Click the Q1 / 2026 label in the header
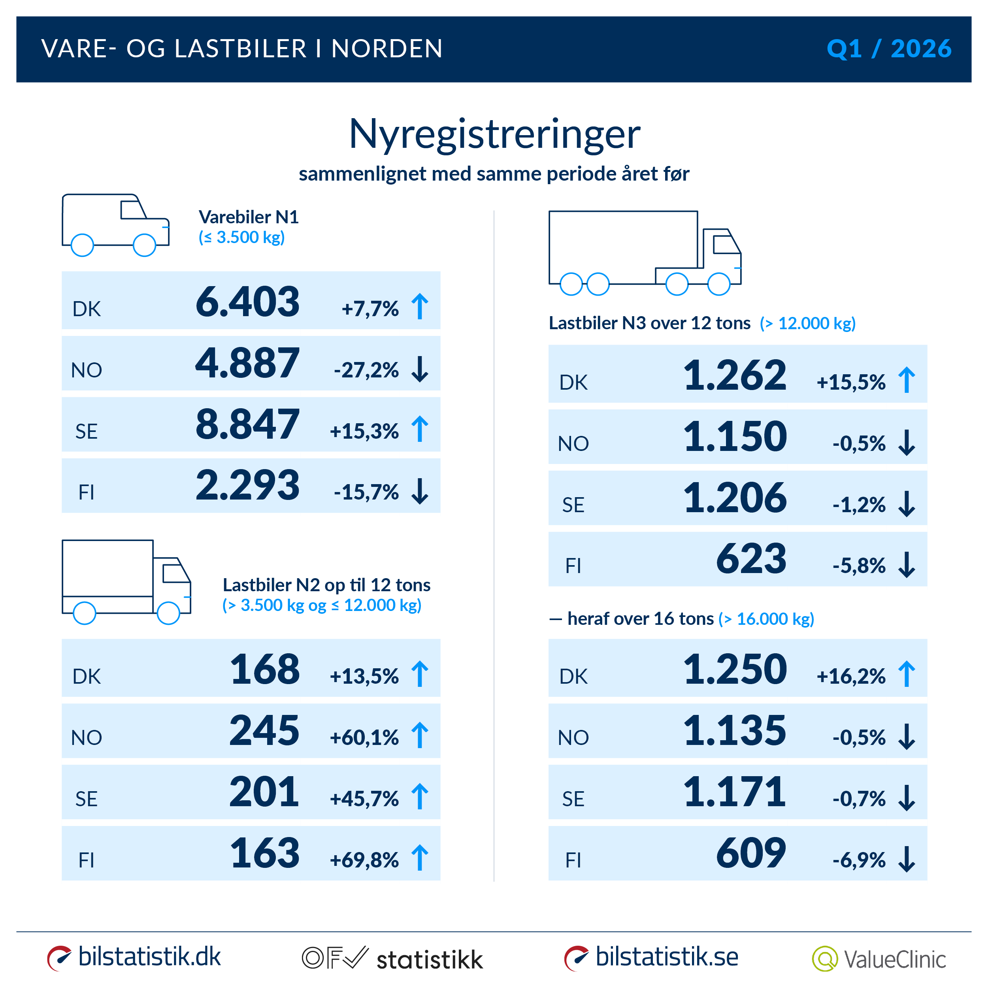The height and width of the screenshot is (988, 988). [x=889, y=49]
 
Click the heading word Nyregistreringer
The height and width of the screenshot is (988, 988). [x=494, y=134]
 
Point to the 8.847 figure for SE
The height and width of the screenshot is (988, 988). [x=247, y=424]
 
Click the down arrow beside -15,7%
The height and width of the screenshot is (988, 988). [x=420, y=492]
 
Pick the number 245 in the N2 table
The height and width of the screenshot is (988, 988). [x=264, y=730]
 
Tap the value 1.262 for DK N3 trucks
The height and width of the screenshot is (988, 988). [x=735, y=375]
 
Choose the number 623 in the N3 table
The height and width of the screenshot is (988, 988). [x=751, y=559]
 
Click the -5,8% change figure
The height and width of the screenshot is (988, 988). [x=859, y=566]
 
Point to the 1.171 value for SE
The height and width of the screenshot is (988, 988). [x=734, y=792]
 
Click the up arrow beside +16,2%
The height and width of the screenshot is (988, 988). [x=907, y=674]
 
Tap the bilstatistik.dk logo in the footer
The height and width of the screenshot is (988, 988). [x=134, y=957]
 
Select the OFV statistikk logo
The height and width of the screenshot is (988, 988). [x=392, y=958]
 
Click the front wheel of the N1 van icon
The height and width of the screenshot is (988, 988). [x=144, y=245]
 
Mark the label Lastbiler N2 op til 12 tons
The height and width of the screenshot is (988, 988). [x=326, y=585]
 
